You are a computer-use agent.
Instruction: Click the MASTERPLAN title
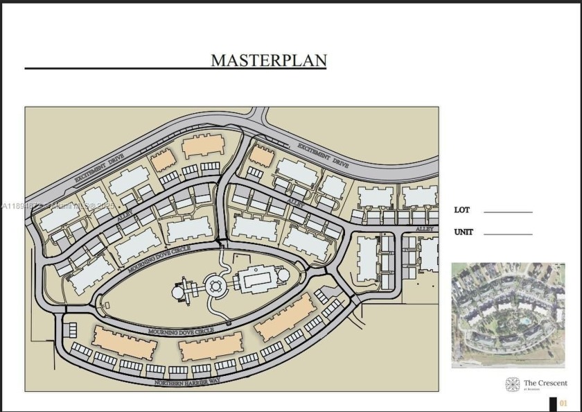[268, 60]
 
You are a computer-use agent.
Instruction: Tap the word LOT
[461, 209]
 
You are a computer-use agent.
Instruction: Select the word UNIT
[464, 232]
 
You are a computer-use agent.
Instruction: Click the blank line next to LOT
[508, 212]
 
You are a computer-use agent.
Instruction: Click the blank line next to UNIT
[508, 234]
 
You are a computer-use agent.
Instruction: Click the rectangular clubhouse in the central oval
[258, 281]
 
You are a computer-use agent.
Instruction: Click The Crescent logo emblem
[513, 384]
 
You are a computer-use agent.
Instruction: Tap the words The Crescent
[545, 382]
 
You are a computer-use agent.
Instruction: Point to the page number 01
[563, 403]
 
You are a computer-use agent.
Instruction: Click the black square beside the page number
[552, 403]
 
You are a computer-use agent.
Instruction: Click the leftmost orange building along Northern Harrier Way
[125, 342]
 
